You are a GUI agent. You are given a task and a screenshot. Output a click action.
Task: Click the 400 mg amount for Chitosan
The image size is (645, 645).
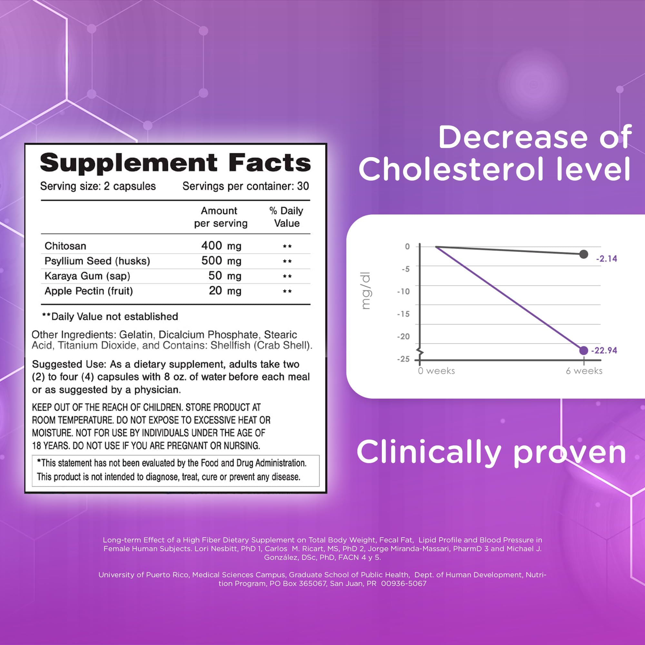tap(221, 246)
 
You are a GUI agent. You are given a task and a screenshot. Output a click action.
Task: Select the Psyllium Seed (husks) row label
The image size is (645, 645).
tap(97, 261)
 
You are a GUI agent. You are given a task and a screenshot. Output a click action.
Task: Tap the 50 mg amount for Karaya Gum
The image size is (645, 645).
tap(225, 276)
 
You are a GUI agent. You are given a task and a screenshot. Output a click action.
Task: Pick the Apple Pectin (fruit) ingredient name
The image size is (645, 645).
tap(88, 291)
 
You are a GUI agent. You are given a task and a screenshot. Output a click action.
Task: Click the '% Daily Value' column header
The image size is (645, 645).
tap(286, 217)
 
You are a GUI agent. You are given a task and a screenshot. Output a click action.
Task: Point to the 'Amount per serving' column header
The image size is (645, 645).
tap(221, 217)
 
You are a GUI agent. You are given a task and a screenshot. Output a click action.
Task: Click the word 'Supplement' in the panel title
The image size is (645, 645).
tap(129, 163)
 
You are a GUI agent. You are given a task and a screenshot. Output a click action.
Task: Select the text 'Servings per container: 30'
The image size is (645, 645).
tap(245, 186)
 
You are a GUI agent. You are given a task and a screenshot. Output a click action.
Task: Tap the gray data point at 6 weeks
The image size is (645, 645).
tap(584, 254)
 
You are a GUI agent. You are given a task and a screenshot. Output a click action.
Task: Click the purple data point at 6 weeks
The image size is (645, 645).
tap(584, 351)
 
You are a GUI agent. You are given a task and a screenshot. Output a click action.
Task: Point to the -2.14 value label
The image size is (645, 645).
tap(607, 259)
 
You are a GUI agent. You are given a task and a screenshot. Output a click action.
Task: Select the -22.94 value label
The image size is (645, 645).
tap(604, 351)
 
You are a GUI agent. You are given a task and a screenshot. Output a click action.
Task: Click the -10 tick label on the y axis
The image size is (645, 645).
tap(403, 292)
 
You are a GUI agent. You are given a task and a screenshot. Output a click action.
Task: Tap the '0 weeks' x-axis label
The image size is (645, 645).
tap(436, 371)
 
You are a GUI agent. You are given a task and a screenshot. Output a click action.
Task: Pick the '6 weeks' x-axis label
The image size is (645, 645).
tap(584, 371)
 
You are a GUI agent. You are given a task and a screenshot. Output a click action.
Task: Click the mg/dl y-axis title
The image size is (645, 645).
tap(366, 291)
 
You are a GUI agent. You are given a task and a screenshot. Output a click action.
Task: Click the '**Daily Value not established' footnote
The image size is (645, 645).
tap(110, 316)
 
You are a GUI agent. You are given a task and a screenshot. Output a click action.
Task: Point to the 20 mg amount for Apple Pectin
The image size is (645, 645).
tap(225, 291)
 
